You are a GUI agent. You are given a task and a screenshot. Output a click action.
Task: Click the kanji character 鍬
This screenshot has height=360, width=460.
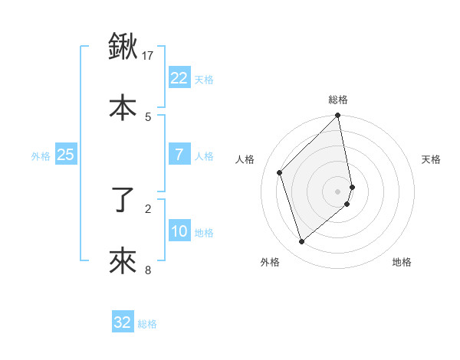point(123,47)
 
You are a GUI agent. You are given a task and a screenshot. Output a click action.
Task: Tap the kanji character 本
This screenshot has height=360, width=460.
point(123,106)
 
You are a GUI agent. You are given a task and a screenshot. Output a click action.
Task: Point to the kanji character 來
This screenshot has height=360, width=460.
point(123,261)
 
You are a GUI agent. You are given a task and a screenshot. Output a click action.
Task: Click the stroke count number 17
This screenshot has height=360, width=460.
point(148,55)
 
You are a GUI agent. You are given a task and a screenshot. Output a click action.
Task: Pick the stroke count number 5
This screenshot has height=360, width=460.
point(148,116)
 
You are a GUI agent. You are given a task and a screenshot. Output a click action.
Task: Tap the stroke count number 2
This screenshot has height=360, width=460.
point(148,208)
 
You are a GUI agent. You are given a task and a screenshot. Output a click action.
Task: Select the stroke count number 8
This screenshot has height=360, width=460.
point(148,270)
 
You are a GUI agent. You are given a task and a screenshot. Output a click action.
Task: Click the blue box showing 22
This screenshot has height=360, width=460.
point(179,78)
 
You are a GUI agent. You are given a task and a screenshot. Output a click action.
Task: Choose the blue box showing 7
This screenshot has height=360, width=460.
point(179,155)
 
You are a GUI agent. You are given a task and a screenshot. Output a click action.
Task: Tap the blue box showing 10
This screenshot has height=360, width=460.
point(179,231)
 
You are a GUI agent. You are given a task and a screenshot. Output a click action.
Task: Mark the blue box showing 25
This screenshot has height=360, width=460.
point(65,155)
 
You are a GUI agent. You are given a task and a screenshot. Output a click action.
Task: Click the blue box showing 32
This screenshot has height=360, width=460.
point(123,322)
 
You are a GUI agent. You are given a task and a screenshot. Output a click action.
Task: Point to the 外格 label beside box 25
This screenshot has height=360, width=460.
point(41,156)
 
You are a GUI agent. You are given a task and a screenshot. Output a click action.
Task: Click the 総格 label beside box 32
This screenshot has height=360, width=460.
point(147,324)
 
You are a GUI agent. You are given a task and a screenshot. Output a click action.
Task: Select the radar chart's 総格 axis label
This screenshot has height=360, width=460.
point(338,100)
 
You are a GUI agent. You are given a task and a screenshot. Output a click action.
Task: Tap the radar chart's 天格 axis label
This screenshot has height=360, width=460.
point(432,159)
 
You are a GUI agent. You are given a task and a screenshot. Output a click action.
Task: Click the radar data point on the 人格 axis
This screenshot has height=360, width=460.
point(280,172)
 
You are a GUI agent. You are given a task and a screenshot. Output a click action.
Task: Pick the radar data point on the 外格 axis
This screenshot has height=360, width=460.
point(302,242)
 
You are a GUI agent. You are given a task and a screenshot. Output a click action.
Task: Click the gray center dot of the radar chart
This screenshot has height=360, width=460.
point(338,191)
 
